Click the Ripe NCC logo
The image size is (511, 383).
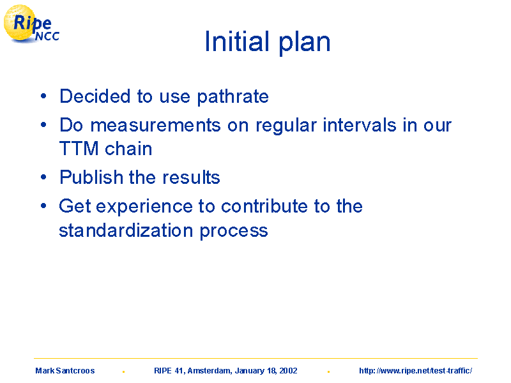point(31,24)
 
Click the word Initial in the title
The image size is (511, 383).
point(237,41)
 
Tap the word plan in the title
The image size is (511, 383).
point(305,43)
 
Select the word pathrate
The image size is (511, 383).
point(233,97)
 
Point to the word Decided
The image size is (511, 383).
point(95,96)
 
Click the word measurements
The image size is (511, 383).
point(155,126)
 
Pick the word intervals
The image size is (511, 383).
point(359,125)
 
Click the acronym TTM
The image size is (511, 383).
point(79,149)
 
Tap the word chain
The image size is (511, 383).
point(128,149)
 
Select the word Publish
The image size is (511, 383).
point(91,177)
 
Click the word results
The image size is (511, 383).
point(191,177)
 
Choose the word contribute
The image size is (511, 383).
point(264,206)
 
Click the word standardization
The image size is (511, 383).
point(126,230)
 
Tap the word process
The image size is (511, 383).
point(234,232)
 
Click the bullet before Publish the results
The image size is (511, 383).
point(43,177)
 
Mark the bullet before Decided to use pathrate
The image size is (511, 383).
point(43,96)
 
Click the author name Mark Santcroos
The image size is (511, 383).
point(65,371)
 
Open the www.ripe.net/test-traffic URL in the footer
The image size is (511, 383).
point(416,371)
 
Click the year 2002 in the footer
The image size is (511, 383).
point(288,371)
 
